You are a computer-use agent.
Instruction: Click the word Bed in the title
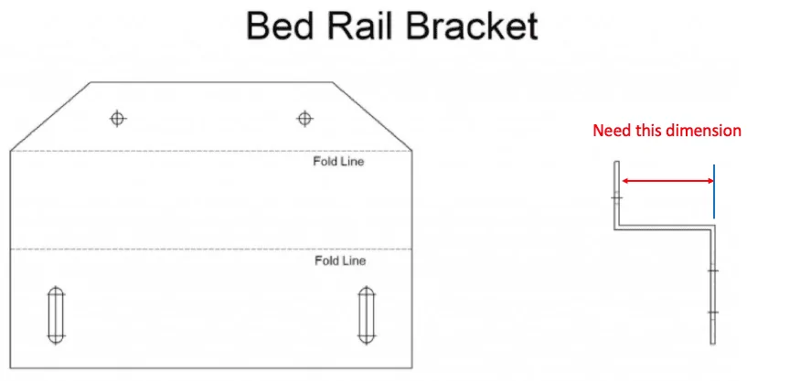coord(280,26)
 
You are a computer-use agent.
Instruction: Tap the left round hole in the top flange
coord(118,119)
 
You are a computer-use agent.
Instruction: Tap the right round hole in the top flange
coord(304,119)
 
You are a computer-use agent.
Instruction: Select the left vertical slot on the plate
coord(56,315)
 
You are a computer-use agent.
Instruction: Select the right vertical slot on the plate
coord(367,315)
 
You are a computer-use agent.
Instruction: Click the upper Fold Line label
coord(338,162)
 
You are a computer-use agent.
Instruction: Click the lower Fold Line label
coord(340,260)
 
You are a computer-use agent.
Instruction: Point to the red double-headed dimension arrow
coord(667,181)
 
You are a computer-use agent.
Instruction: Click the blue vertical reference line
coord(714,191)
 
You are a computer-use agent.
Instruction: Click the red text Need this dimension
coord(667,131)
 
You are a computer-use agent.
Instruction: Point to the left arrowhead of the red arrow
coord(624,181)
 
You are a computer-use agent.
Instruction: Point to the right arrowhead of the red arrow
coord(710,181)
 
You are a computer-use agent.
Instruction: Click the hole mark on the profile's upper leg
coord(616,197)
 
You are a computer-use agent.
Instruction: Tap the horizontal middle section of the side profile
coord(665,227)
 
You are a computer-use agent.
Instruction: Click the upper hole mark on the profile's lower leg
coord(713,270)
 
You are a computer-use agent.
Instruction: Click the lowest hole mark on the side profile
coord(713,312)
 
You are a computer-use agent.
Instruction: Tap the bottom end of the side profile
coord(713,344)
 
